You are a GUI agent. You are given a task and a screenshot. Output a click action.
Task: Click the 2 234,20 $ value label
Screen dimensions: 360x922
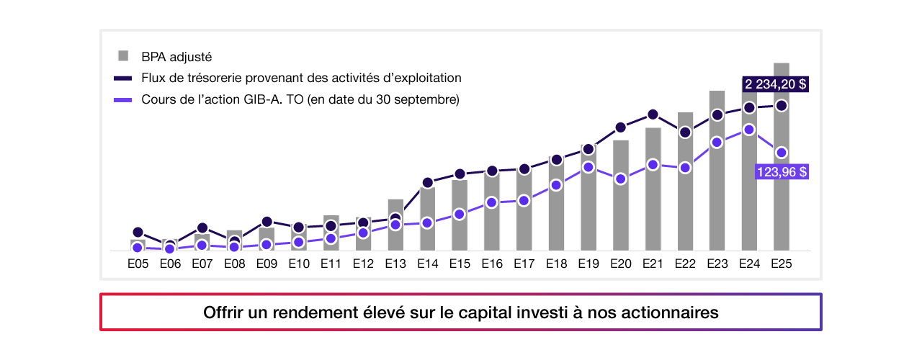(775, 84)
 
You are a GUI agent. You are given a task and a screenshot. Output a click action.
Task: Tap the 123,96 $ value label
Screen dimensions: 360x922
(781, 172)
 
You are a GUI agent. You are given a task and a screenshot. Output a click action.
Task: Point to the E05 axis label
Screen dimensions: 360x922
(138, 264)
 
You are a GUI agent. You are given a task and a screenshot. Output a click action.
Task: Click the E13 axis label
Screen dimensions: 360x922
(395, 264)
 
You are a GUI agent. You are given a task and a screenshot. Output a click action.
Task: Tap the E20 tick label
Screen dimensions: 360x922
(620, 264)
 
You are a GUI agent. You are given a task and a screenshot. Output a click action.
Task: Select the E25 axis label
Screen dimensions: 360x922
(782, 264)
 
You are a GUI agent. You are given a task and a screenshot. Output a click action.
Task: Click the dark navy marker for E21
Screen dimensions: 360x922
(653, 114)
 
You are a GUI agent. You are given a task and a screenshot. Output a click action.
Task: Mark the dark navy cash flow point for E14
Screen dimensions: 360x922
(427, 183)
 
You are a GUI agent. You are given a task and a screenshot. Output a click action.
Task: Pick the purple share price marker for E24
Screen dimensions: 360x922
(749, 130)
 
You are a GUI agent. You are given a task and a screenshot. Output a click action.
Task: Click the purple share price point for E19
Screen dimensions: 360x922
(588, 167)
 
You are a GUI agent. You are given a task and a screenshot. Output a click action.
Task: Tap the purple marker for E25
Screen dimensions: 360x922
(782, 153)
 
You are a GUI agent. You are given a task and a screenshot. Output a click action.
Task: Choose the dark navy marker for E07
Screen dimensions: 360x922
(202, 228)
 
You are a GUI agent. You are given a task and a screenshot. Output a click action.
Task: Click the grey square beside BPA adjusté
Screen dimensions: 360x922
(123, 56)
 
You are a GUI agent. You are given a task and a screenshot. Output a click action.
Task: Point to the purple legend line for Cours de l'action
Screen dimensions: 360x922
(123, 99)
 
